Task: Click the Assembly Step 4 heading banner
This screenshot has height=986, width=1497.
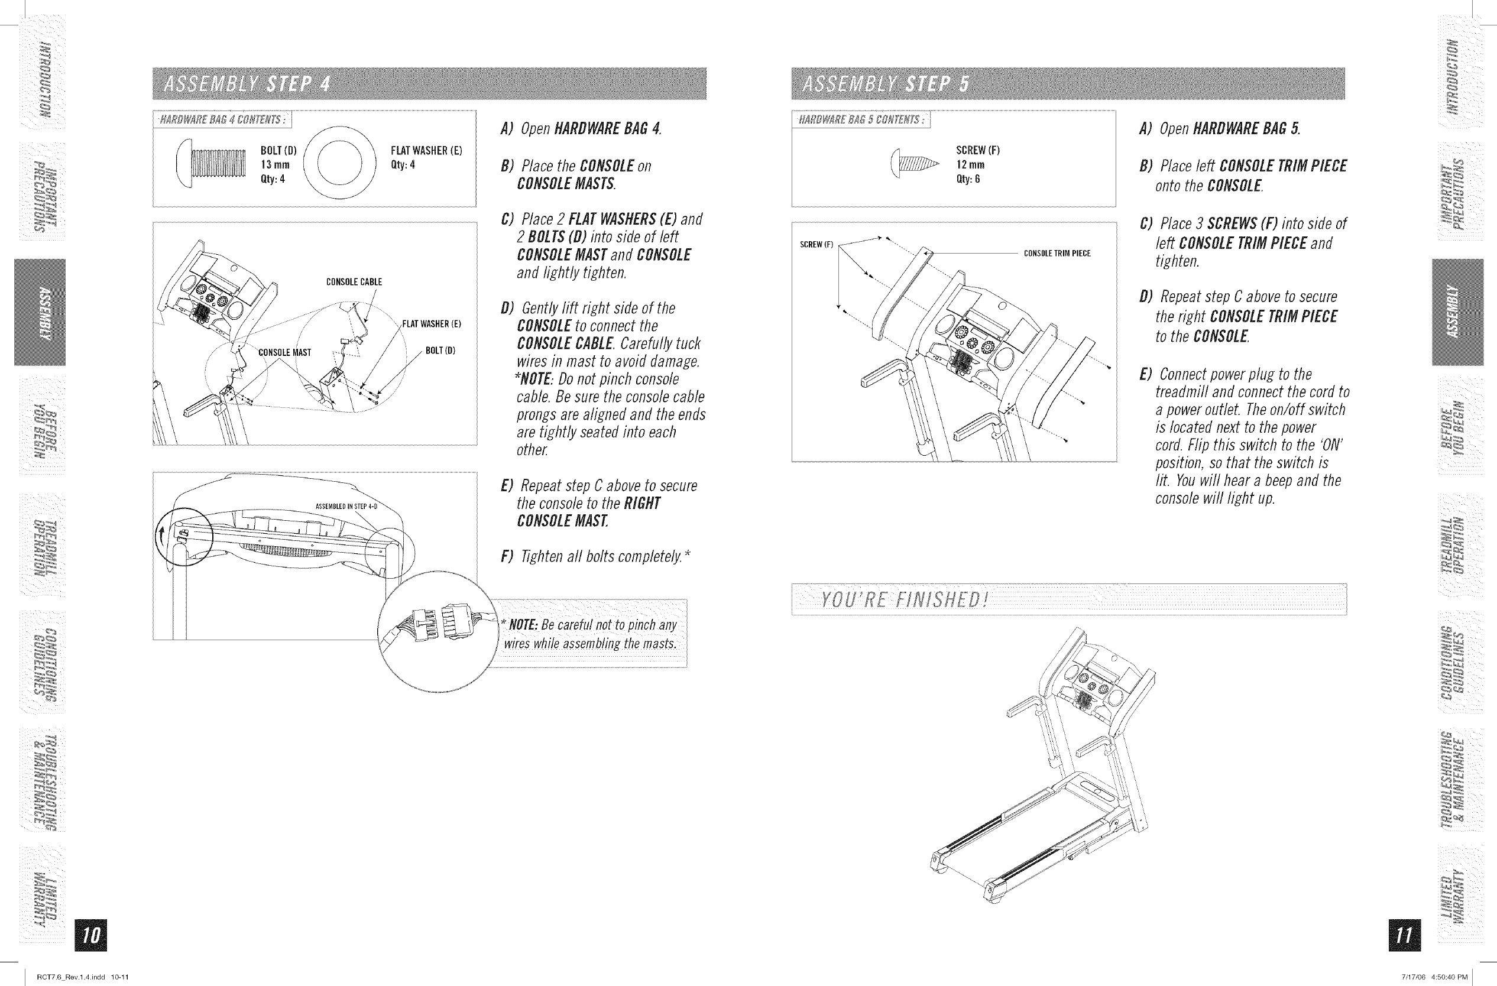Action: point(429,83)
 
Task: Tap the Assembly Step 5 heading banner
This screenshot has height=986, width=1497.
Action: point(1067,83)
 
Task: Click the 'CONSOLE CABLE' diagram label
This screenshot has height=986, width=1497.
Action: point(354,283)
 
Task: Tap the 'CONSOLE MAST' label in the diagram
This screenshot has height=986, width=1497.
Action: point(285,353)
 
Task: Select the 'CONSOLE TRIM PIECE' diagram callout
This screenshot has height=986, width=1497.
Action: point(1057,254)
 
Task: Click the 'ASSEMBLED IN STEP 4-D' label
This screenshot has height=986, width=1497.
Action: point(346,506)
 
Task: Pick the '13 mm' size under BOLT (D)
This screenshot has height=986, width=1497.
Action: point(275,165)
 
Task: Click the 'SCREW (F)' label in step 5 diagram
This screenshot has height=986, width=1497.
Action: point(816,245)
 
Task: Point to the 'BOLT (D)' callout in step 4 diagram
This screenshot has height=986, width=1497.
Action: point(440,351)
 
